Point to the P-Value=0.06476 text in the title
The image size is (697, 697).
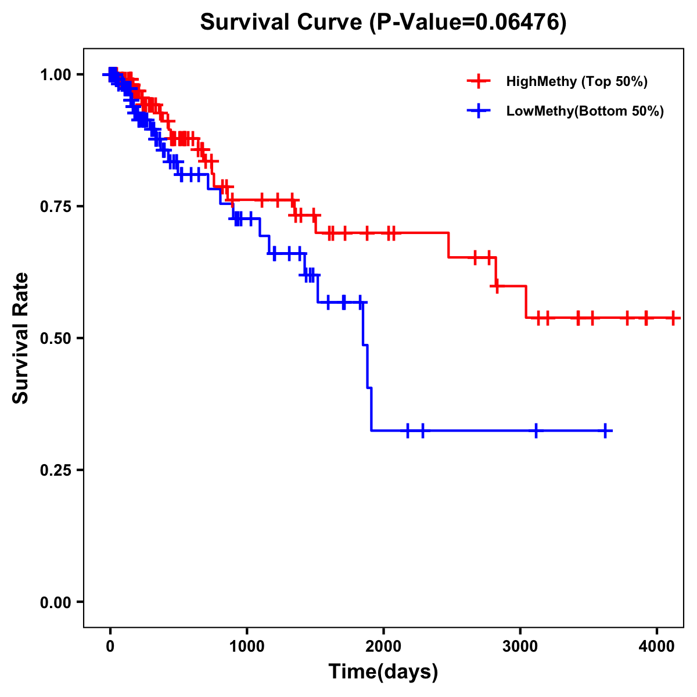[469, 22]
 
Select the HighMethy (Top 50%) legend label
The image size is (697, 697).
[577, 81]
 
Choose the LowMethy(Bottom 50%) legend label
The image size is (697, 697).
[585, 111]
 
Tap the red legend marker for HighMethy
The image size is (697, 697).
[479, 81]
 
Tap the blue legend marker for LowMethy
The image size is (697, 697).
[479, 111]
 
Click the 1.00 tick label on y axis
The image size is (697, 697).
[56, 75]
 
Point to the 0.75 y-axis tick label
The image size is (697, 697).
[56, 207]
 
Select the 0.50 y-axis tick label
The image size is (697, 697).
[56, 339]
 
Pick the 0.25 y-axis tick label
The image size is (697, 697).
[56, 470]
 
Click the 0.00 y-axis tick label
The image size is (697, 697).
[56, 602]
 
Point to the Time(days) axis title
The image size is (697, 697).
[383, 672]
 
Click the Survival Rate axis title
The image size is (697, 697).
[21, 338]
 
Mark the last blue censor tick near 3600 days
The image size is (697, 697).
[605, 431]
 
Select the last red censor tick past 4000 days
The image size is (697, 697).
[673, 318]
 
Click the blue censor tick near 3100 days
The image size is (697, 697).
[536, 431]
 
